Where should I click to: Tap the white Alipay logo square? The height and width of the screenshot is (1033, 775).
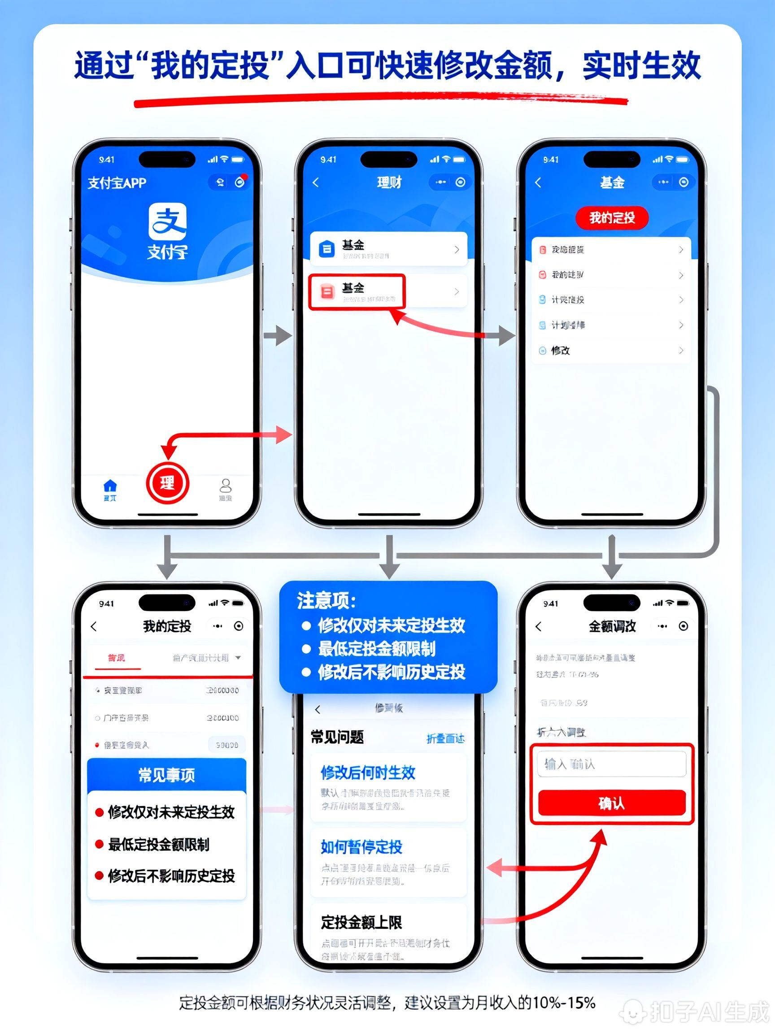(167, 221)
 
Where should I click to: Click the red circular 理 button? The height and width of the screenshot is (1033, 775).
(167, 483)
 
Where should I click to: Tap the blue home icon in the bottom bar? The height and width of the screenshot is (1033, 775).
(110, 486)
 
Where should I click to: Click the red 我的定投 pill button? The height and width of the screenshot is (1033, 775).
(611, 217)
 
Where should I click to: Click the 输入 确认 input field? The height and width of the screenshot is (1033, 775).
(611, 764)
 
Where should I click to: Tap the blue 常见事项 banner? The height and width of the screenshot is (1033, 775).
(167, 775)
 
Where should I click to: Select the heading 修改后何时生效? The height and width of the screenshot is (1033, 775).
(368, 773)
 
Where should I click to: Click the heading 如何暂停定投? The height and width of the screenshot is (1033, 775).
(361, 846)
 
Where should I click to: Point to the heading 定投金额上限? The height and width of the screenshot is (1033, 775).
(361, 922)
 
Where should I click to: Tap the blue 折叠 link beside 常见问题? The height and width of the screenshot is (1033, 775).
(445, 738)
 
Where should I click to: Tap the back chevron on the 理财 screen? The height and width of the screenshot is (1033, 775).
(316, 182)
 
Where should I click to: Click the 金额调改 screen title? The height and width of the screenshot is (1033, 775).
(612, 626)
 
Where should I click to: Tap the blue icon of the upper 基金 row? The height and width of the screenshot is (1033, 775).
(327, 249)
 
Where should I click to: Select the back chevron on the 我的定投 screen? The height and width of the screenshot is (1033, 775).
(94, 626)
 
